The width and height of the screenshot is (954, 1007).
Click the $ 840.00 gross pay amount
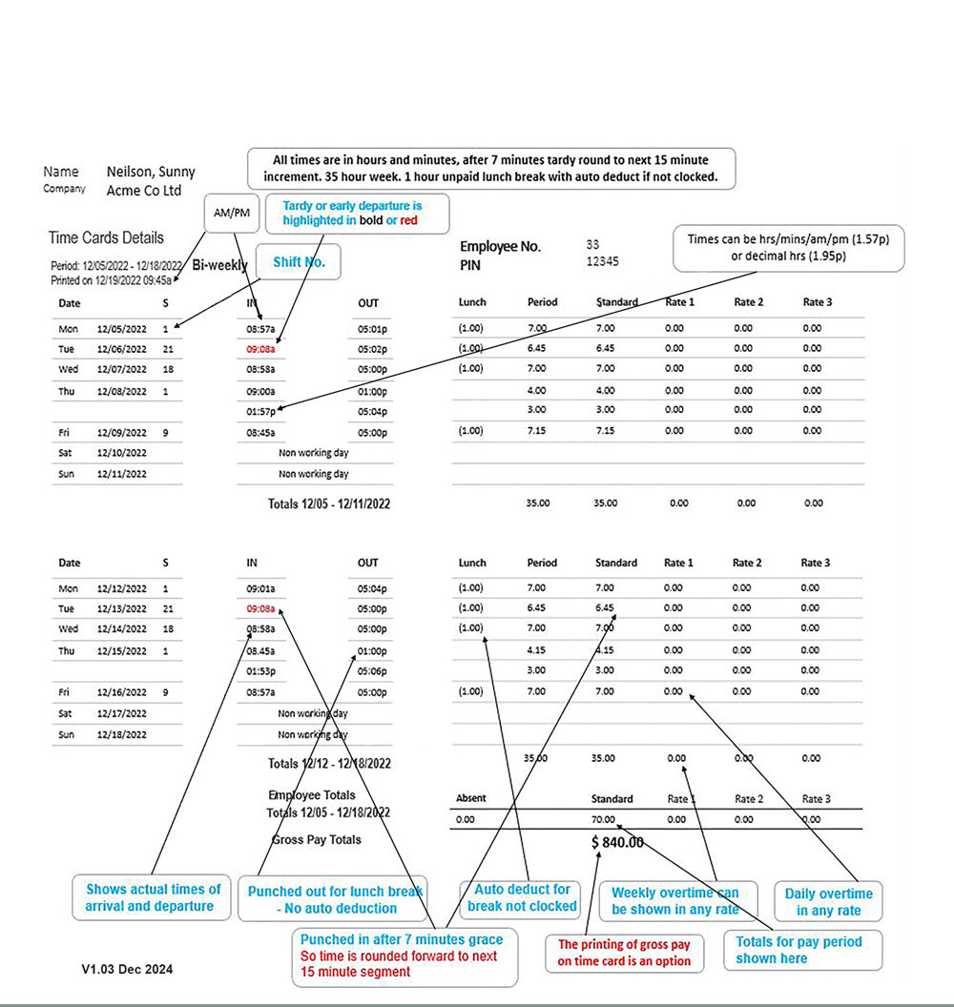[x=617, y=842]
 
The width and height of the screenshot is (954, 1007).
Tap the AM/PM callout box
[x=232, y=213]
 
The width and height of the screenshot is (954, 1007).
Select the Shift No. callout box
[x=300, y=262]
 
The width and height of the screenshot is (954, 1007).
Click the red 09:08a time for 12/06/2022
[x=260, y=348]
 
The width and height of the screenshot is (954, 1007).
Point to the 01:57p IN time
[x=260, y=411]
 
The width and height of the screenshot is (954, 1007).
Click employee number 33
[x=593, y=245]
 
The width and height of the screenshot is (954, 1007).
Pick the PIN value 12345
[x=603, y=261]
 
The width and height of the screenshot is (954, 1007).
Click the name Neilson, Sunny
[x=151, y=172]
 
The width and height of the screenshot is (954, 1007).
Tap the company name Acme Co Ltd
[x=144, y=191]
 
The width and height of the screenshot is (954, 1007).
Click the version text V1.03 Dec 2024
[x=127, y=969]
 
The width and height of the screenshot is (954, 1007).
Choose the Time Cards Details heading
[x=106, y=237]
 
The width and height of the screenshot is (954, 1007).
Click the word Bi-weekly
[x=219, y=264]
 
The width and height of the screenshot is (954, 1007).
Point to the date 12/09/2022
[x=121, y=432]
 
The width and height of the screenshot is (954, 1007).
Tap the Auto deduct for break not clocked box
[x=522, y=897]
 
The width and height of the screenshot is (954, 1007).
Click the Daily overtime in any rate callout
[x=828, y=901]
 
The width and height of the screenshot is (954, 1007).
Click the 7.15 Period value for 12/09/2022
[x=536, y=431]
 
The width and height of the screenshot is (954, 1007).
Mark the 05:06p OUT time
[x=372, y=670]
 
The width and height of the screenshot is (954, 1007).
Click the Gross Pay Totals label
[x=317, y=839]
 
